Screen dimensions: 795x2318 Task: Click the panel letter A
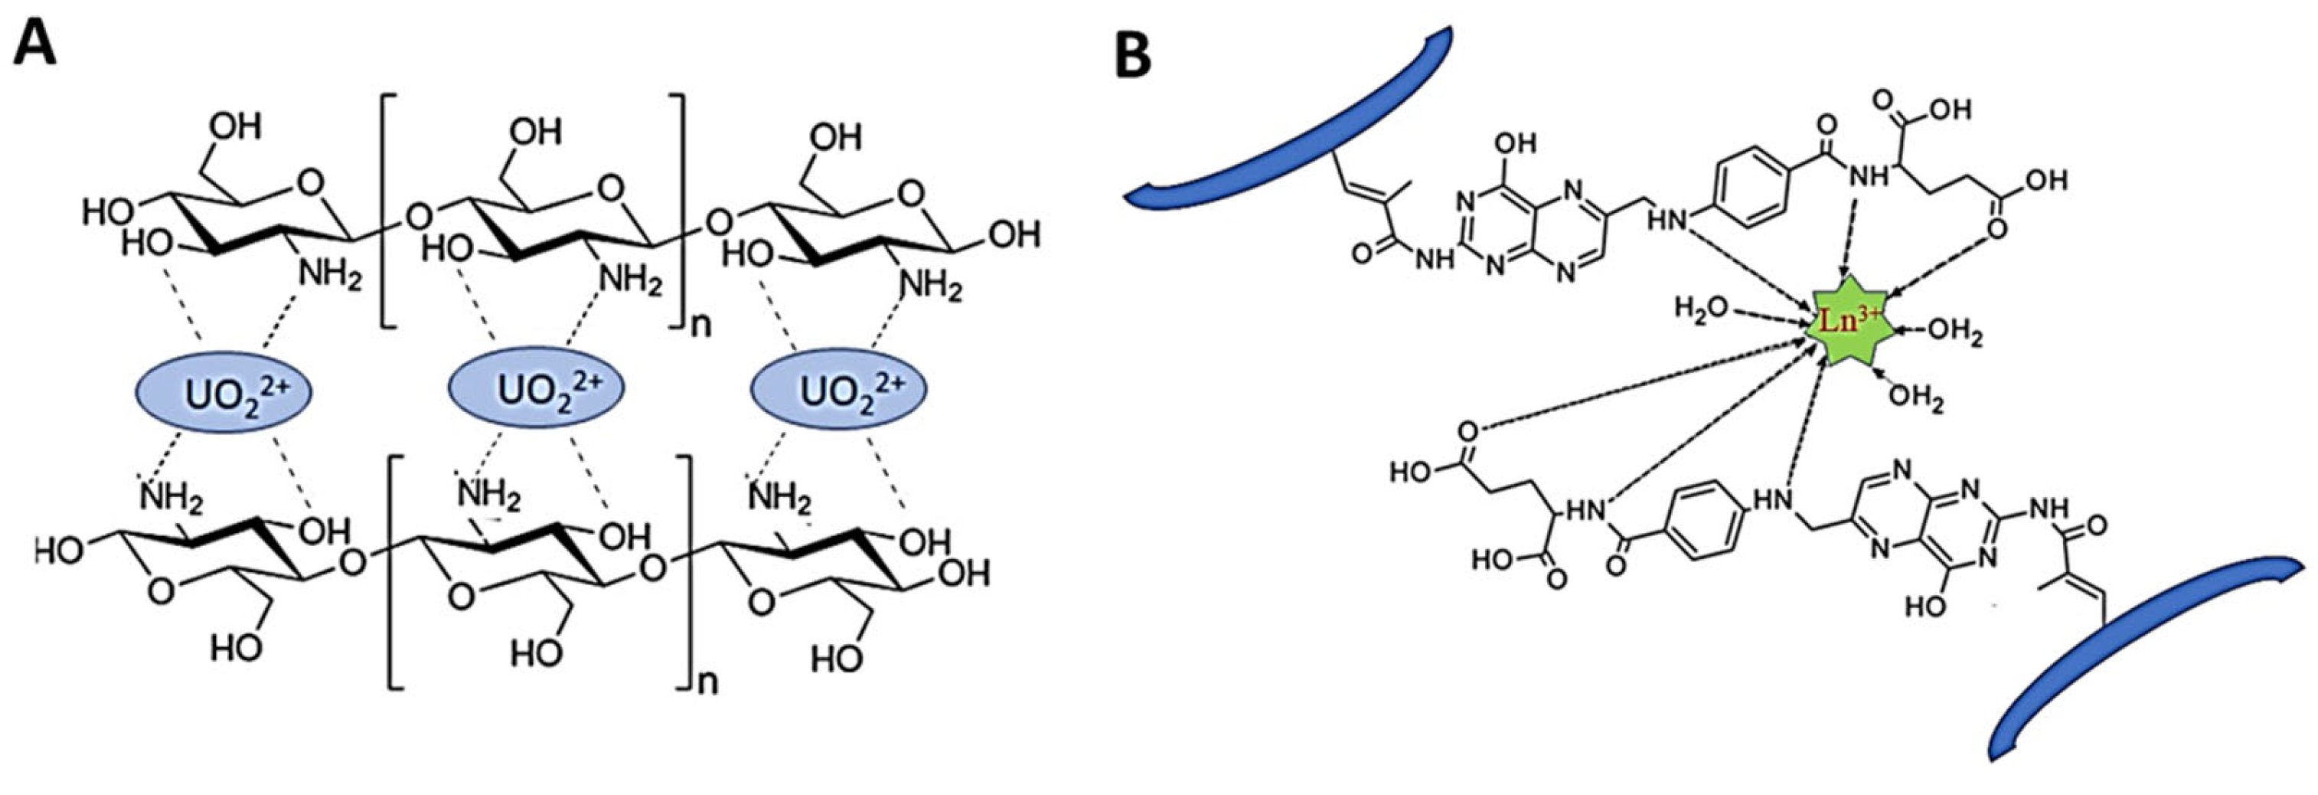click(34, 42)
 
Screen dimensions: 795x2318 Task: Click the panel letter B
click(1135, 56)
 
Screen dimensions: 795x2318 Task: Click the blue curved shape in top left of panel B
click(1287, 126)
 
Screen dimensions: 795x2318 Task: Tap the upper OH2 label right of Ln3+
click(1954, 332)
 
